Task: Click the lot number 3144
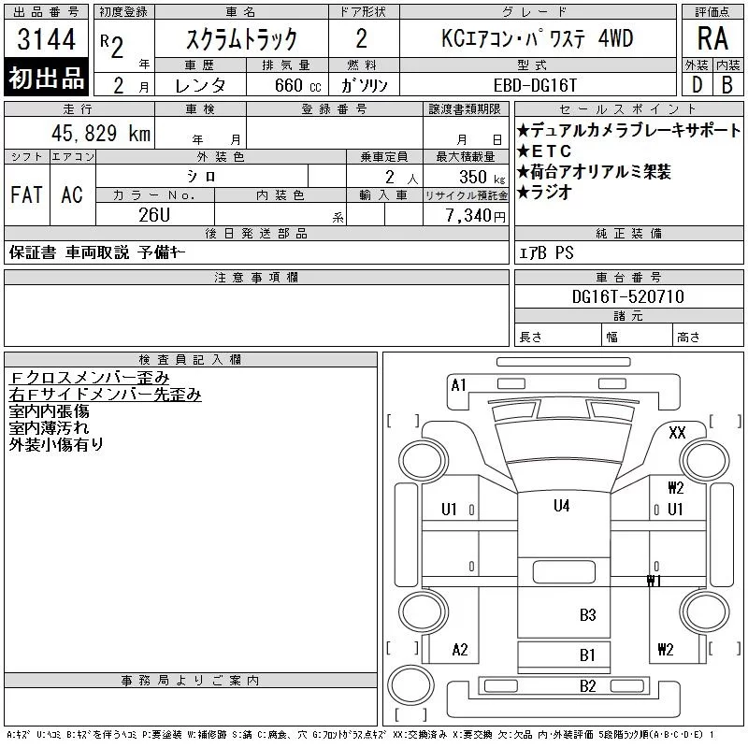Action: click(x=46, y=39)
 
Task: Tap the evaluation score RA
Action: click(x=712, y=38)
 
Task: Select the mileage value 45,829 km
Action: click(x=101, y=133)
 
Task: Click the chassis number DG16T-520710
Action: click(x=628, y=296)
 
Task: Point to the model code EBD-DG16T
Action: click(x=535, y=85)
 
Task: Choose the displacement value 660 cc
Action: click(x=298, y=85)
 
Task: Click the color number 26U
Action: click(x=154, y=215)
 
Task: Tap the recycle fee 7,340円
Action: click(x=476, y=216)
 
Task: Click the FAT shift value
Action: click(x=26, y=194)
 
